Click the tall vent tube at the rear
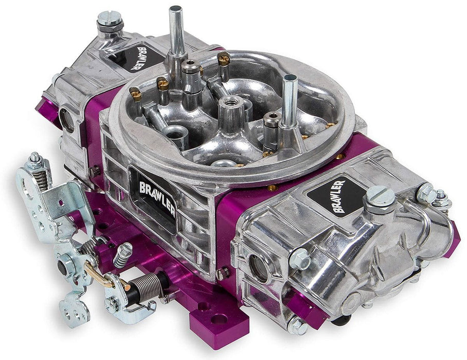click(177, 31)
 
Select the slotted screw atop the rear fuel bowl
click(110, 20)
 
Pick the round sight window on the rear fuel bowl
click(67, 119)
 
